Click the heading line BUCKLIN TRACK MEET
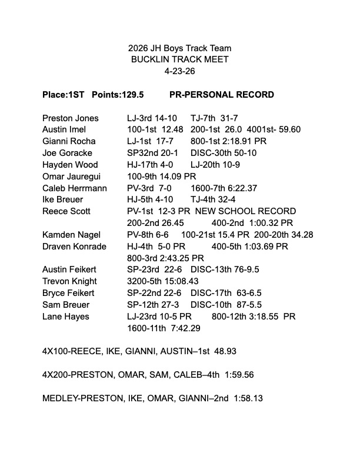tap(180, 59)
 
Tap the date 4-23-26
tap(180, 71)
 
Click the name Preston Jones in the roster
tap(71, 118)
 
